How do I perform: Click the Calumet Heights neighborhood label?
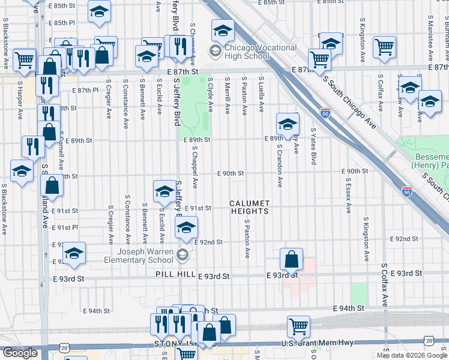pyautogui.click(x=249, y=207)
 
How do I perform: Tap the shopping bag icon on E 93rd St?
pyautogui.click(x=291, y=260)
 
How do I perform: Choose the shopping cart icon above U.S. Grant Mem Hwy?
pyautogui.click(x=298, y=327)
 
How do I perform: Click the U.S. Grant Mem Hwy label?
pyautogui.click(x=308, y=343)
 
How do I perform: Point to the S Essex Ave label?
pyautogui.click(x=348, y=198)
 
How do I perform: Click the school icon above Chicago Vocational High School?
pyautogui.click(x=223, y=29)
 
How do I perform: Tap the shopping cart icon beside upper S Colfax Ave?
pyautogui.click(x=384, y=47)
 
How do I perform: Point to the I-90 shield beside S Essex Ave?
pyautogui.click(x=406, y=191)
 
